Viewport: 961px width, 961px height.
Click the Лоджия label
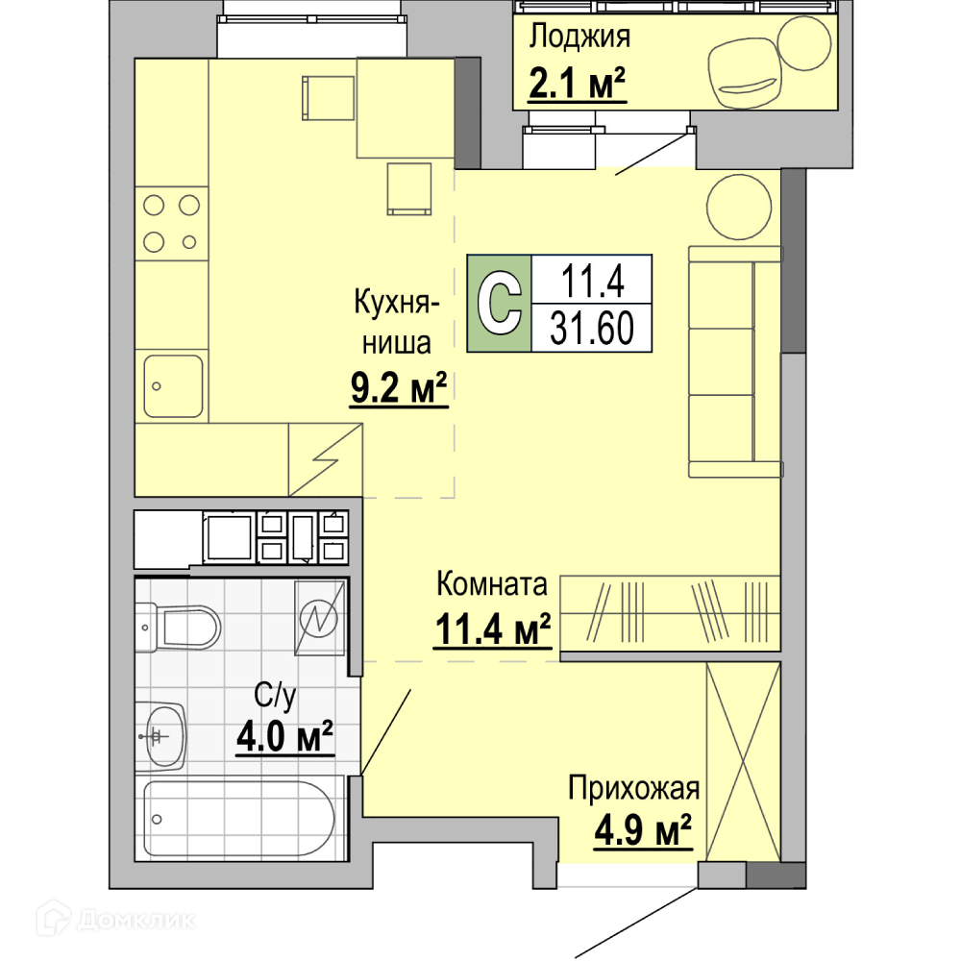[579, 37]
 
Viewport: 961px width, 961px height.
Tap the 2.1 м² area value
[577, 83]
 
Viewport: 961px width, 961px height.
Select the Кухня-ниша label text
[397, 322]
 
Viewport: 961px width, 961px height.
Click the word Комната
[491, 584]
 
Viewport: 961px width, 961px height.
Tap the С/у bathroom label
[275, 696]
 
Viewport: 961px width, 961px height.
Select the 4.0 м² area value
[285, 736]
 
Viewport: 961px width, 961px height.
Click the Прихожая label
[633, 788]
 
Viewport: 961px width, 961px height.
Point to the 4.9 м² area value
[643, 830]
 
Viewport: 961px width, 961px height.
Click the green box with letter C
[499, 303]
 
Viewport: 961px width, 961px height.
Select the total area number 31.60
[591, 329]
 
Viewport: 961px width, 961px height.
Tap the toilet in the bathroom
[178, 628]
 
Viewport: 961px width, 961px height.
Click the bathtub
[239, 818]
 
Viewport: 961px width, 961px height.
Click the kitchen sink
[173, 386]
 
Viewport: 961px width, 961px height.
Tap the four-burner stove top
[172, 223]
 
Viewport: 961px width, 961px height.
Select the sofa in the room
[735, 361]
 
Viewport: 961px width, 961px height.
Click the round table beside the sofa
[738, 207]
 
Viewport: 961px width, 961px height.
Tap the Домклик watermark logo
[116, 920]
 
